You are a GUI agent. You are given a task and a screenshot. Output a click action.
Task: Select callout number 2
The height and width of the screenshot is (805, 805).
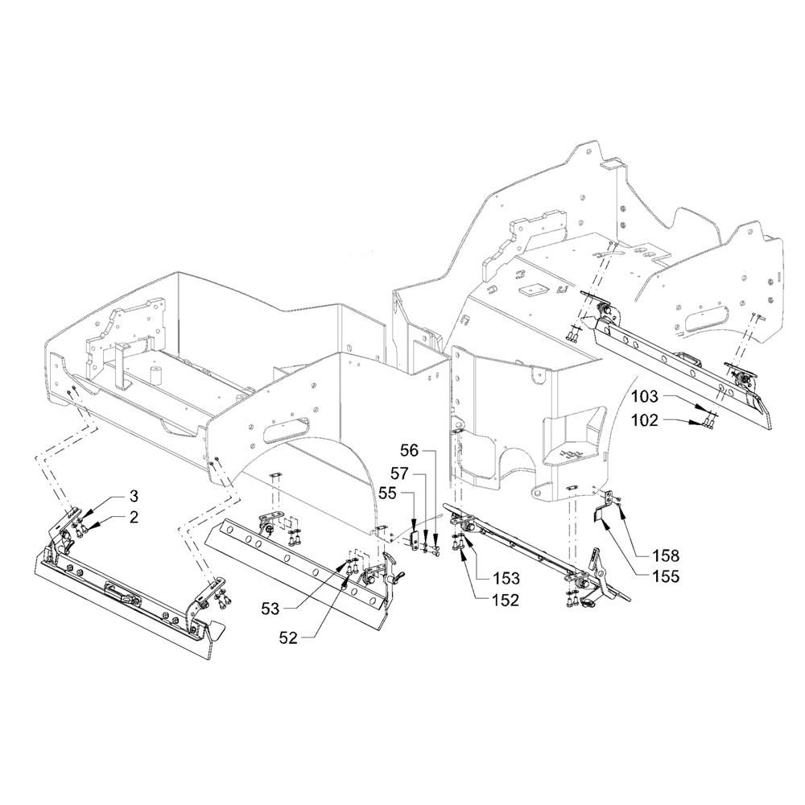point(134,518)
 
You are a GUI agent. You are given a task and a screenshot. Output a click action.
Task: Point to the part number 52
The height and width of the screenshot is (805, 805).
point(288,638)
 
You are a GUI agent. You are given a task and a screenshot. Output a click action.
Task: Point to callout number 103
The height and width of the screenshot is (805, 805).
point(644,397)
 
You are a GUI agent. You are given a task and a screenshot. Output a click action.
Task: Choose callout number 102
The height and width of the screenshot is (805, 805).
point(644,419)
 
